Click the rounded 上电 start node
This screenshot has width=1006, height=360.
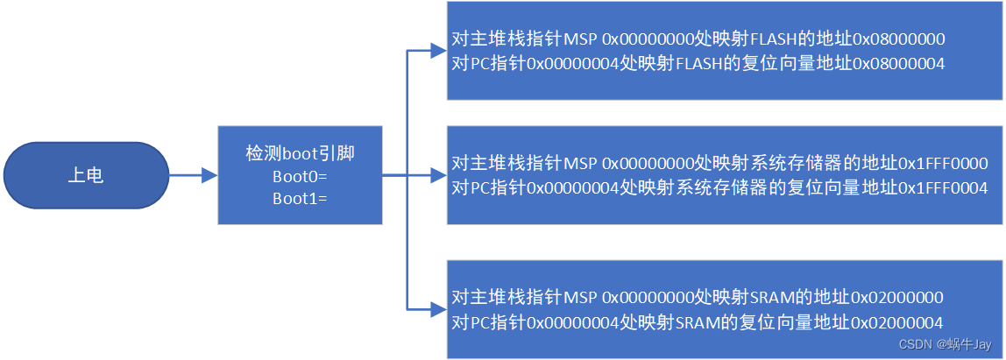[x=85, y=176]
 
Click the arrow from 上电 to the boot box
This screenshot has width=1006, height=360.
[x=193, y=176]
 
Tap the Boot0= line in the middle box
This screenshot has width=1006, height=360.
[x=299, y=176]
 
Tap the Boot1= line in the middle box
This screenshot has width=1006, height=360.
[x=299, y=198]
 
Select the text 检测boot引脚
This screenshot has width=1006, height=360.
[x=300, y=154]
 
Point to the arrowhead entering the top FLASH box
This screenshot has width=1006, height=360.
[x=438, y=51]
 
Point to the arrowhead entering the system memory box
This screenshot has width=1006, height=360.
[x=438, y=176]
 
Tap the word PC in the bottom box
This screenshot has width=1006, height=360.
[x=480, y=321]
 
